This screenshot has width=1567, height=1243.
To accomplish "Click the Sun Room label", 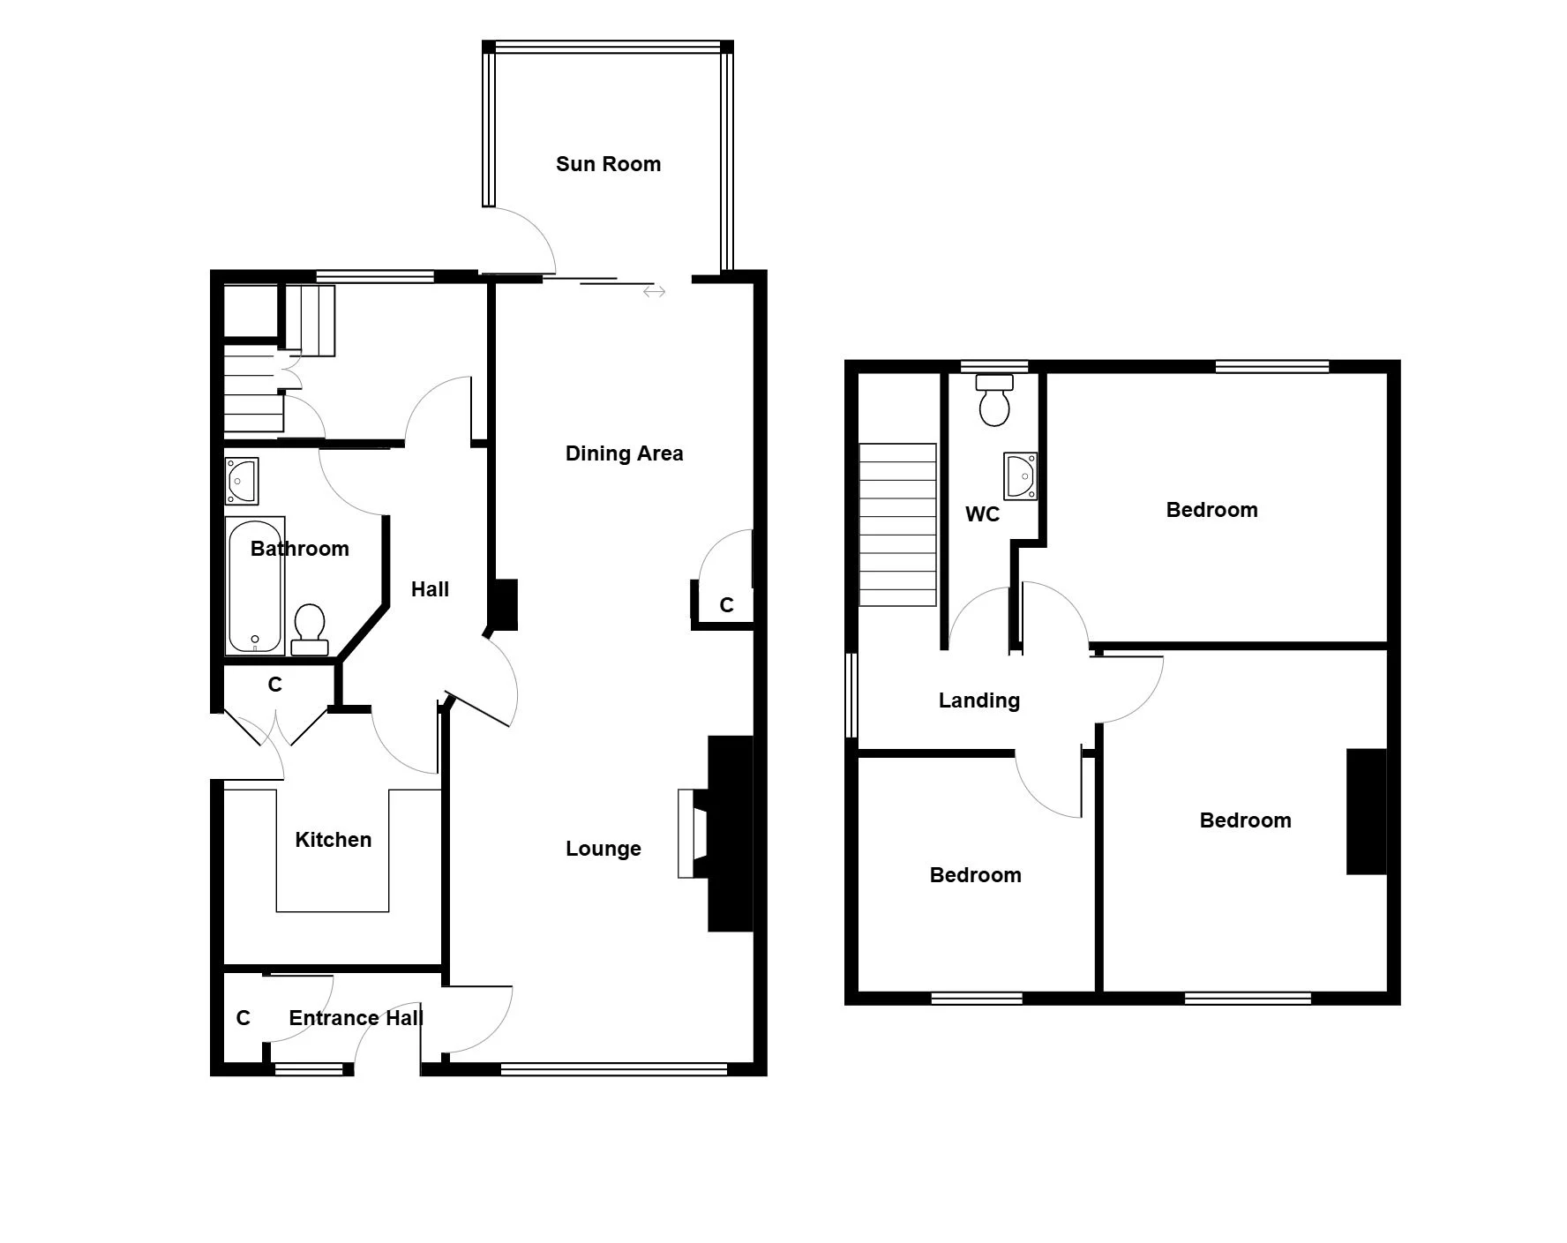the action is click(x=608, y=164).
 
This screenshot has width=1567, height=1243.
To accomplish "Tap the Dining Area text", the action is click(x=624, y=453).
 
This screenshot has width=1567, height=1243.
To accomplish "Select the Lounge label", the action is click(x=604, y=849).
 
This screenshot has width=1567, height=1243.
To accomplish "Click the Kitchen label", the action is click(x=333, y=840).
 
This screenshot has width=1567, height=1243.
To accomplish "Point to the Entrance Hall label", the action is click(x=356, y=1018).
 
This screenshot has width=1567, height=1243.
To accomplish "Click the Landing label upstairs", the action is click(x=979, y=700).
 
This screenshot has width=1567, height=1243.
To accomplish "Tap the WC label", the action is click(x=983, y=514).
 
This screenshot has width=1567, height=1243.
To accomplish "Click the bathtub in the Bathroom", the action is click(x=255, y=586).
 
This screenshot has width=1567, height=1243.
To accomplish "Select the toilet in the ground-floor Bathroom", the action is click(x=309, y=629).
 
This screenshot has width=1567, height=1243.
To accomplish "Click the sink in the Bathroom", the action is click(x=242, y=481).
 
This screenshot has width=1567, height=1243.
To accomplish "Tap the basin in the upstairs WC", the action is click(x=1020, y=475).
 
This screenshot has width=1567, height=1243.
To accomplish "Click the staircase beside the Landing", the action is click(x=898, y=525).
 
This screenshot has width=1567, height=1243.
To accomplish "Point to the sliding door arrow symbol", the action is click(x=654, y=291).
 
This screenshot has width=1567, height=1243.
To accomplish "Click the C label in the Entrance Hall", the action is click(x=244, y=1018).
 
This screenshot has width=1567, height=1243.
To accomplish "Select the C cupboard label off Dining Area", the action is click(x=726, y=605).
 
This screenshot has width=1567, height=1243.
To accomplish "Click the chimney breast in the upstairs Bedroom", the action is click(x=1366, y=812).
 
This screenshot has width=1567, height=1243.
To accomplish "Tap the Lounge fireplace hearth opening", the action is click(x=692, y=834).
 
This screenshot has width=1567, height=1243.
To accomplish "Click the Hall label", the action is click(x=430, y=589).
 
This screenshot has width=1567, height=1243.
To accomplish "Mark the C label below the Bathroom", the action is click(x=274, y=685).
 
